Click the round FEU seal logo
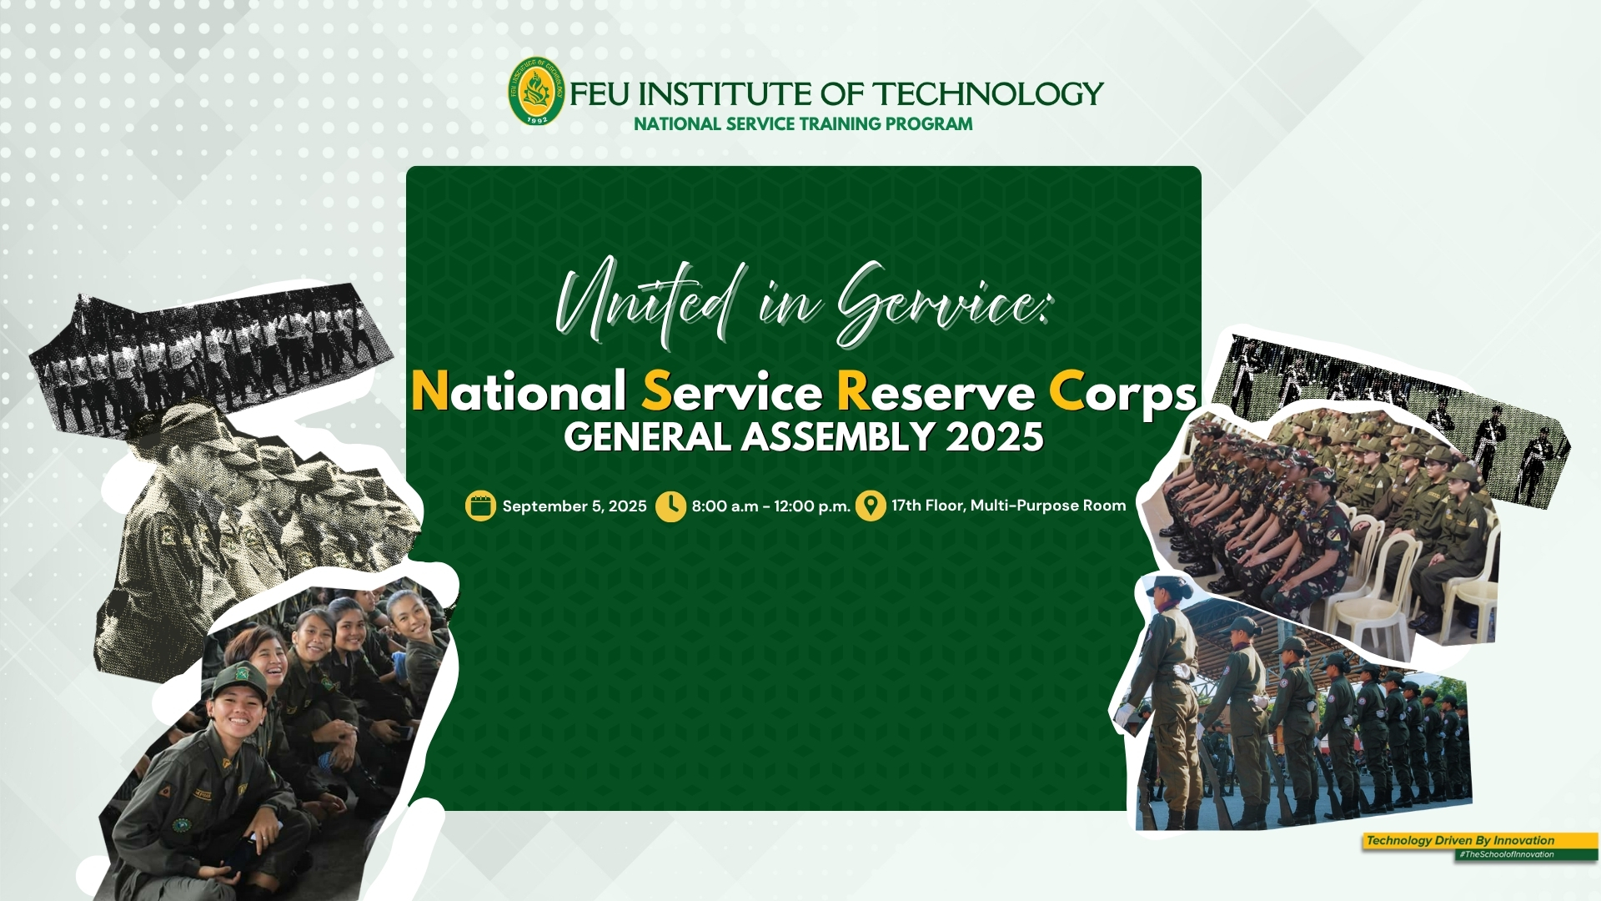click(537, 91)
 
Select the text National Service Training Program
click(803, 124)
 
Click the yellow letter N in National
click(430, 391)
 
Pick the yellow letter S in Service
click(657, 391)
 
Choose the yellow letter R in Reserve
click(853, 391)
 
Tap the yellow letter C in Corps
click(1066, 391)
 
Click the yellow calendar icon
click(480, 506)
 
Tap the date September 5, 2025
click(575, 506)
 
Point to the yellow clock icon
click(670, 506)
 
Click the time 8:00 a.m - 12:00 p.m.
click(770, 506)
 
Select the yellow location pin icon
click(871, 506)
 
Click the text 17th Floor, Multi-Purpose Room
click(1008, 506)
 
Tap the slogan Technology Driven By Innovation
click(1460, 840)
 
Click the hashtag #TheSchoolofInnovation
click(1506, 854)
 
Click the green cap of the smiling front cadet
click(238, 680)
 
